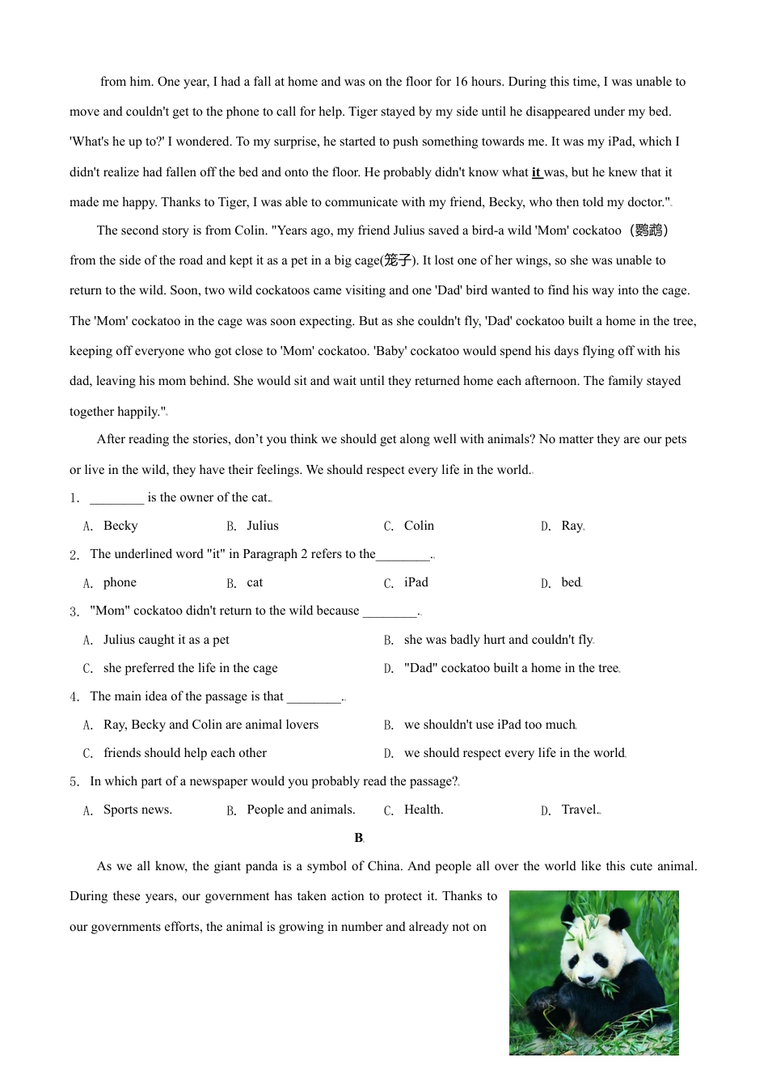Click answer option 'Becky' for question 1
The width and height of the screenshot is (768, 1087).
pos(120,526)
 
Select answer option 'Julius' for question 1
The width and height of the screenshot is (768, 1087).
pos(262,526)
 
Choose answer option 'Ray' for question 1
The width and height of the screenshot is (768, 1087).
pos(572,526)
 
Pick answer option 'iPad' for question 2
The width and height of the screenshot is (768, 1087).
pos(416,582)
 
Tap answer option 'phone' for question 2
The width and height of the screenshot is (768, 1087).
pos(120,582)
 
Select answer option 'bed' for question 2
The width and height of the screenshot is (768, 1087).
pos(571,582)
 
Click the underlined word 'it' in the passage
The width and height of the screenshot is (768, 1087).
pos(536,172)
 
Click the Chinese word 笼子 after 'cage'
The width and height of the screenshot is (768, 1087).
pos(398,260)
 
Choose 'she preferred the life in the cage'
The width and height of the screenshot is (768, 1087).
pos(190,668)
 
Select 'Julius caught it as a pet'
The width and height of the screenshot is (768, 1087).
pos(166,640)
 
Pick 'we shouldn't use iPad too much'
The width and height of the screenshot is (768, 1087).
pos(489,725)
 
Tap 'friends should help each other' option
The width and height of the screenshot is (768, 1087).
pos(185,753)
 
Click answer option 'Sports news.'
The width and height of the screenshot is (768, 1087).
pos(137,810)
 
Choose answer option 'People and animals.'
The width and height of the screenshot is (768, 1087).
pos(301,810)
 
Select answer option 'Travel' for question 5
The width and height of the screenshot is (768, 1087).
pos(579,810)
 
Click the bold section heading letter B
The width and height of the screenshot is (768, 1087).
pos(359,838)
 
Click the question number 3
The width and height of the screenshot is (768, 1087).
pos(74,611)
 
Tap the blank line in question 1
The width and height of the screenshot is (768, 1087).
pos(116,498)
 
